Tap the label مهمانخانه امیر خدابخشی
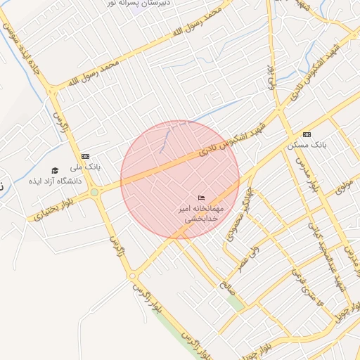pos(202,214)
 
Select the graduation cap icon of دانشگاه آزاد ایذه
pos(55,170)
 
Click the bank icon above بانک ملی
pos(86,156)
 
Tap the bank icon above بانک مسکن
pos(307,134)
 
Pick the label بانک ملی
pos(87,168)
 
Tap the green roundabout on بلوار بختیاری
pos(94,192)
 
